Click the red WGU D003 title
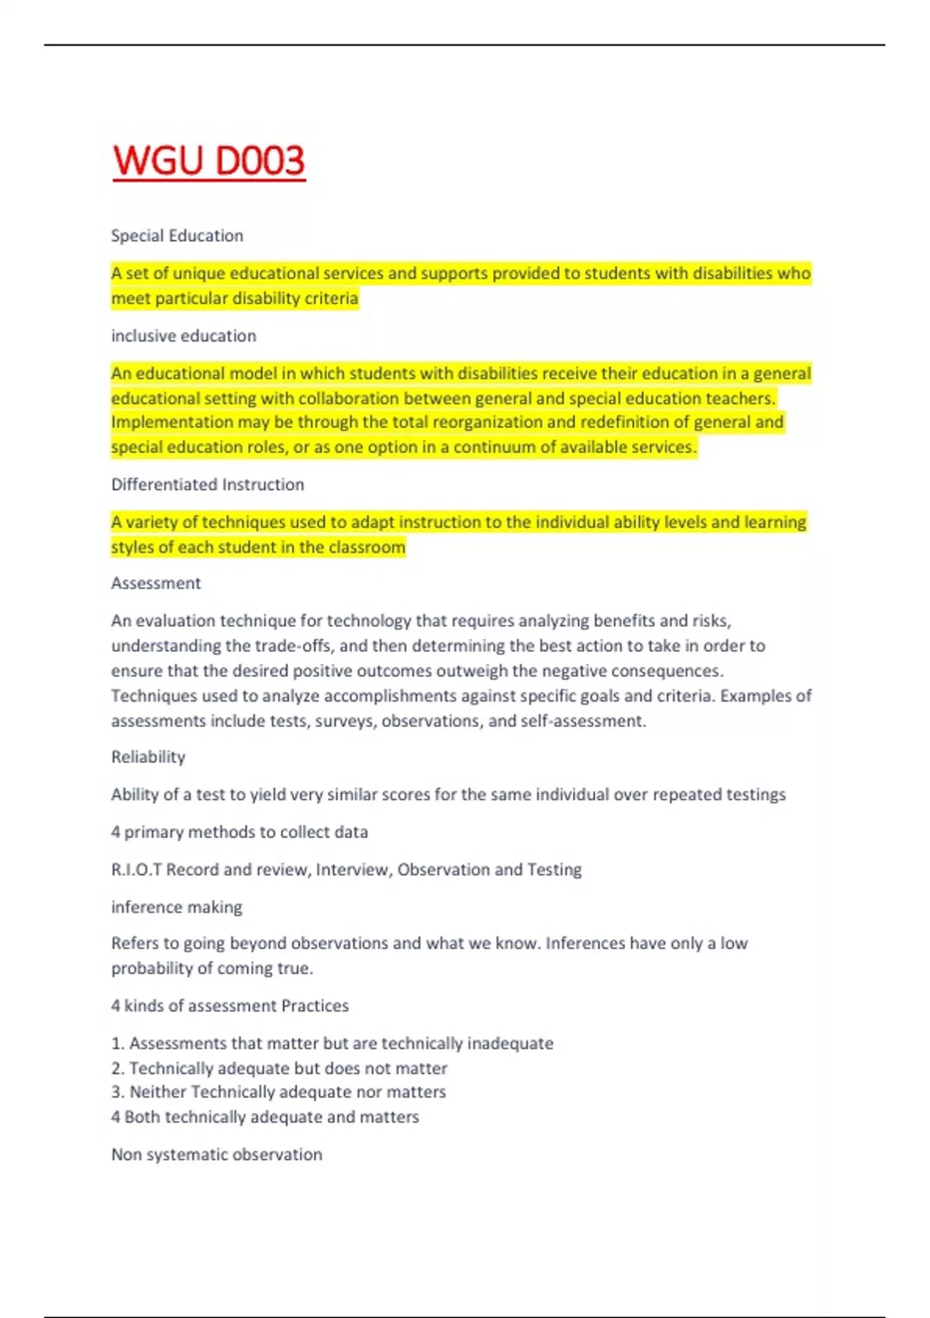point(208,161)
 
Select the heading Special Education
point(177,236)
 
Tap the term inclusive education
point(183,336)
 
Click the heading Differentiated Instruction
point(207,485)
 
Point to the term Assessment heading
point(156,583)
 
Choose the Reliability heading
point(148,757)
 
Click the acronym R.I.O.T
point(136,870)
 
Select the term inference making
point(176,907)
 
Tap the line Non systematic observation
point(216,1154)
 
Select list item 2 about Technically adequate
point(279,1068)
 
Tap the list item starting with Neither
point(278,1092)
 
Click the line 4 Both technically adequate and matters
point(264,1117)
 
